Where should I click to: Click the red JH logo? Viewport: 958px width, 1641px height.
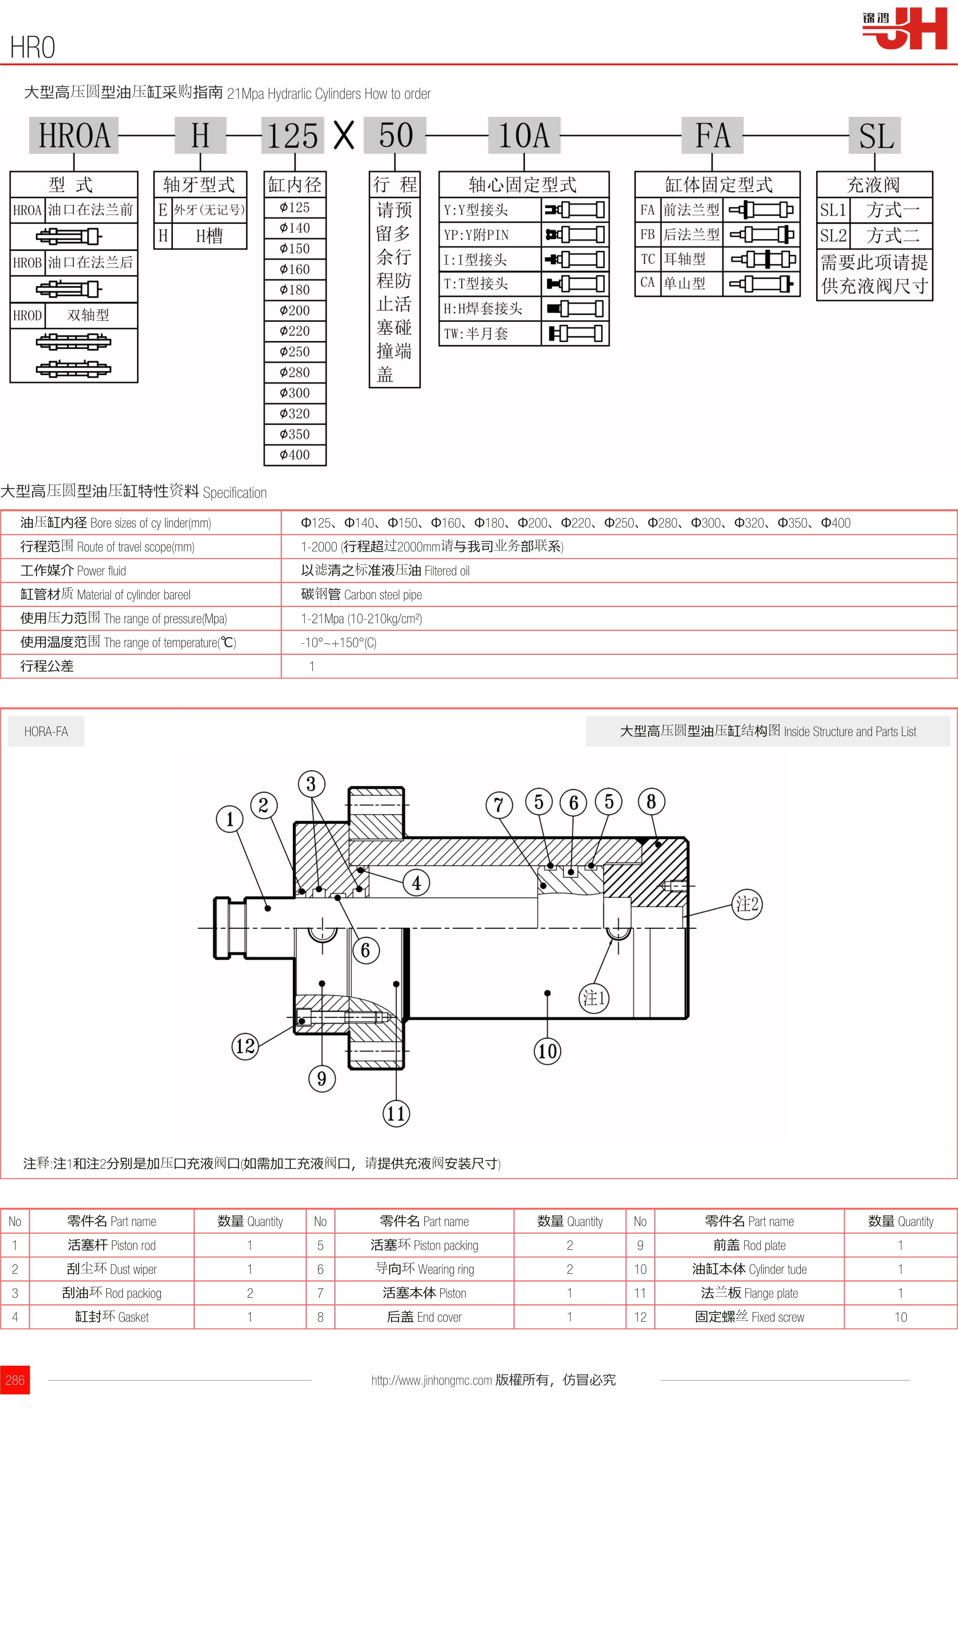click(906, 29)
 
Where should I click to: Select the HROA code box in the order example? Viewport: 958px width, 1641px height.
click(74, 136)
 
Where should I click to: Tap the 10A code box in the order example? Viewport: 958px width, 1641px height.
click(524, 136)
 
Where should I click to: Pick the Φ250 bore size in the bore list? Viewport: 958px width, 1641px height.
click(294, 352)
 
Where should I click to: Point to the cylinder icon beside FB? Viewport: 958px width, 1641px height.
click(761, 234)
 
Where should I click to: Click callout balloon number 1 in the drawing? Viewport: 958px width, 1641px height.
click(230, 819)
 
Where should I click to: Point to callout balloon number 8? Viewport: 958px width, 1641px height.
click(651, 802)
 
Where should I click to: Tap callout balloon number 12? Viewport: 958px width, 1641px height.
click(245, 1046)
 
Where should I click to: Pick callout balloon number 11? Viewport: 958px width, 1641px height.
click(396, 1114)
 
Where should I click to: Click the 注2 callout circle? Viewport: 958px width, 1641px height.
click(747, 904)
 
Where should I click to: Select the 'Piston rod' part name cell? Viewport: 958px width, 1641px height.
click(111, 1245)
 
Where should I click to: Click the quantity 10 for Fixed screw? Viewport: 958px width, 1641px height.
click(900, 1317)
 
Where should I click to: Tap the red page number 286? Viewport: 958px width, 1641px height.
click(15, 1380)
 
